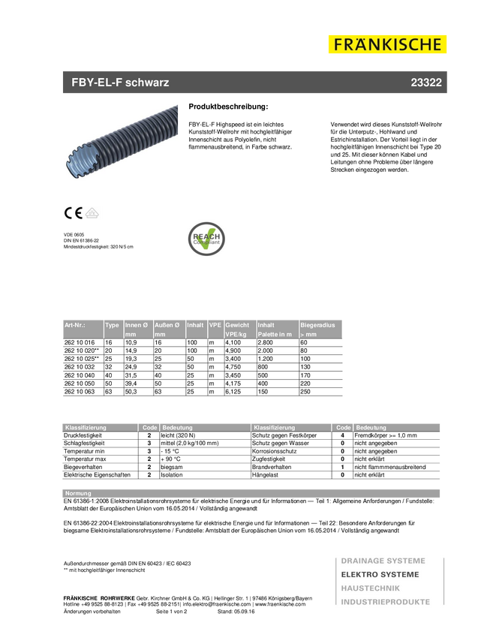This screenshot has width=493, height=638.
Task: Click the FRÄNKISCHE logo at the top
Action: tap(387, 44)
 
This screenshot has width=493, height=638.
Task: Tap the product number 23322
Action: tap(425, 83)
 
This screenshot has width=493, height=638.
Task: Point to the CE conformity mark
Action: tap(73, 212)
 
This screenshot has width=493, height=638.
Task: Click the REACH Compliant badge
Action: tap(206, 239)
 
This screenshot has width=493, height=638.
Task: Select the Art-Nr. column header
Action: tap(75, 325)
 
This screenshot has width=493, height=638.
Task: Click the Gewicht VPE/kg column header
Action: tap(239, 329)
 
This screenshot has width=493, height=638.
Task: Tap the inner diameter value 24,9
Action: tap(131, 366)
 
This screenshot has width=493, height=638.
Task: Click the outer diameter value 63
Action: tap(158, 392)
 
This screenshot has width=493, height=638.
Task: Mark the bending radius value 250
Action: tap(305, 392)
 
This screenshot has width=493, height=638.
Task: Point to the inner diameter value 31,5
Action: tap(131, 375)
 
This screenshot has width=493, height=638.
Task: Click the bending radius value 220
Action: tap(305, 383)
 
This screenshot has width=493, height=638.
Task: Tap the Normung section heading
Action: tap(78, 493)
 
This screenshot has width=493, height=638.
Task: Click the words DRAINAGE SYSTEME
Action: tap(383, 561)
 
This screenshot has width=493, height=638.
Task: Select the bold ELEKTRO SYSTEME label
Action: tap(380, 574)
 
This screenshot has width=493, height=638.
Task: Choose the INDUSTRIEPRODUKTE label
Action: tap(385, 602)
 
